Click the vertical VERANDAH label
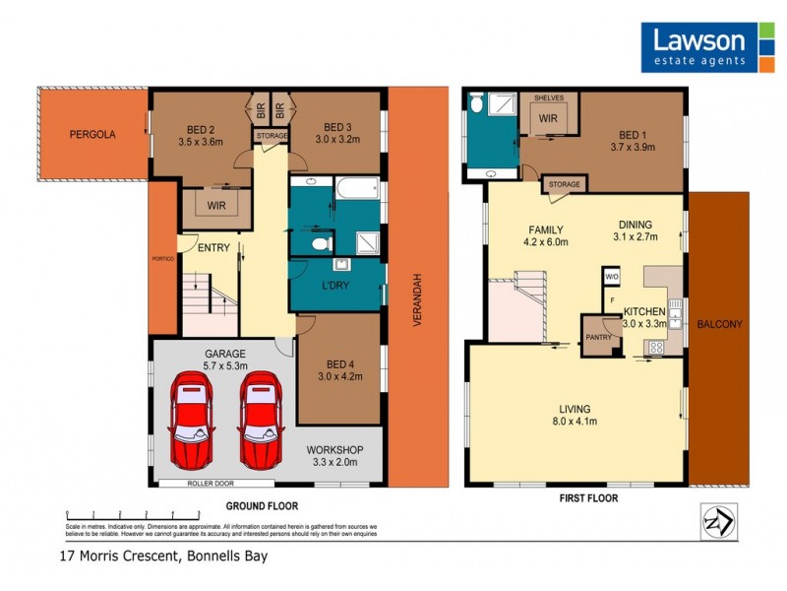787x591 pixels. coord(416,299)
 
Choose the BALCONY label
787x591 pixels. coord(718,324)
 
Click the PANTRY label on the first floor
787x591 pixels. coord(598,337)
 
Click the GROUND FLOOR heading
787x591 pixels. coord(261,505)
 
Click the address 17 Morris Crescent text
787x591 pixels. coord(162,556)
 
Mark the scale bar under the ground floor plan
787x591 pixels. coord(119,514)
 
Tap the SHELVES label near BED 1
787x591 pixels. coord(548,99)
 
